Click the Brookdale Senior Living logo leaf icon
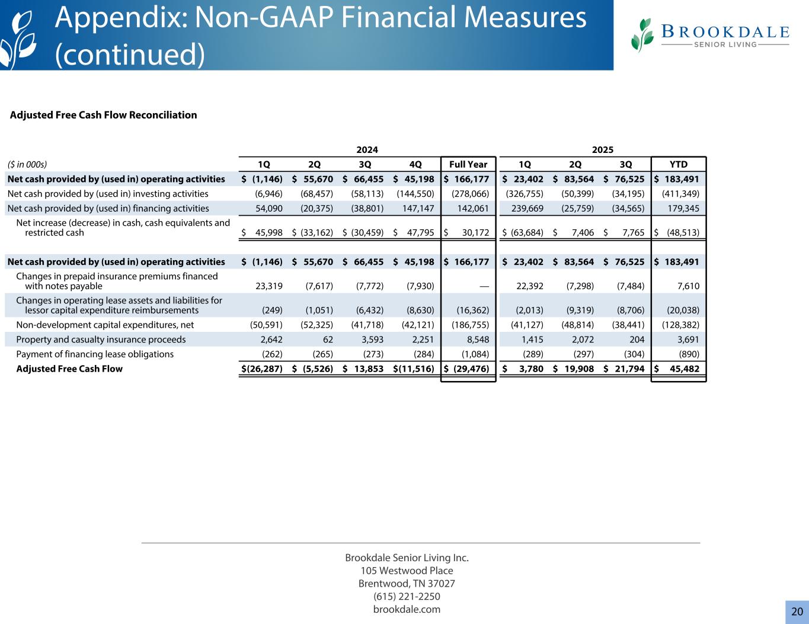[x=641, y=35]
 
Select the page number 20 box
[x=797, y=612]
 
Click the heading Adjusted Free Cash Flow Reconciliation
[x=104, y=115]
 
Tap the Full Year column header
[x=468, y=164]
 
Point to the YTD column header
[x=679, y=164]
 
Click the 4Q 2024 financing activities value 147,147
[x=417, y=208]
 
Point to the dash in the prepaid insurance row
[x=484, y=286]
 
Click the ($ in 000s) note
[x=27, y=164]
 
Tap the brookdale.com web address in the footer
[x=407, y=609]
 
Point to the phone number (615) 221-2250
[x=407, y=596]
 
